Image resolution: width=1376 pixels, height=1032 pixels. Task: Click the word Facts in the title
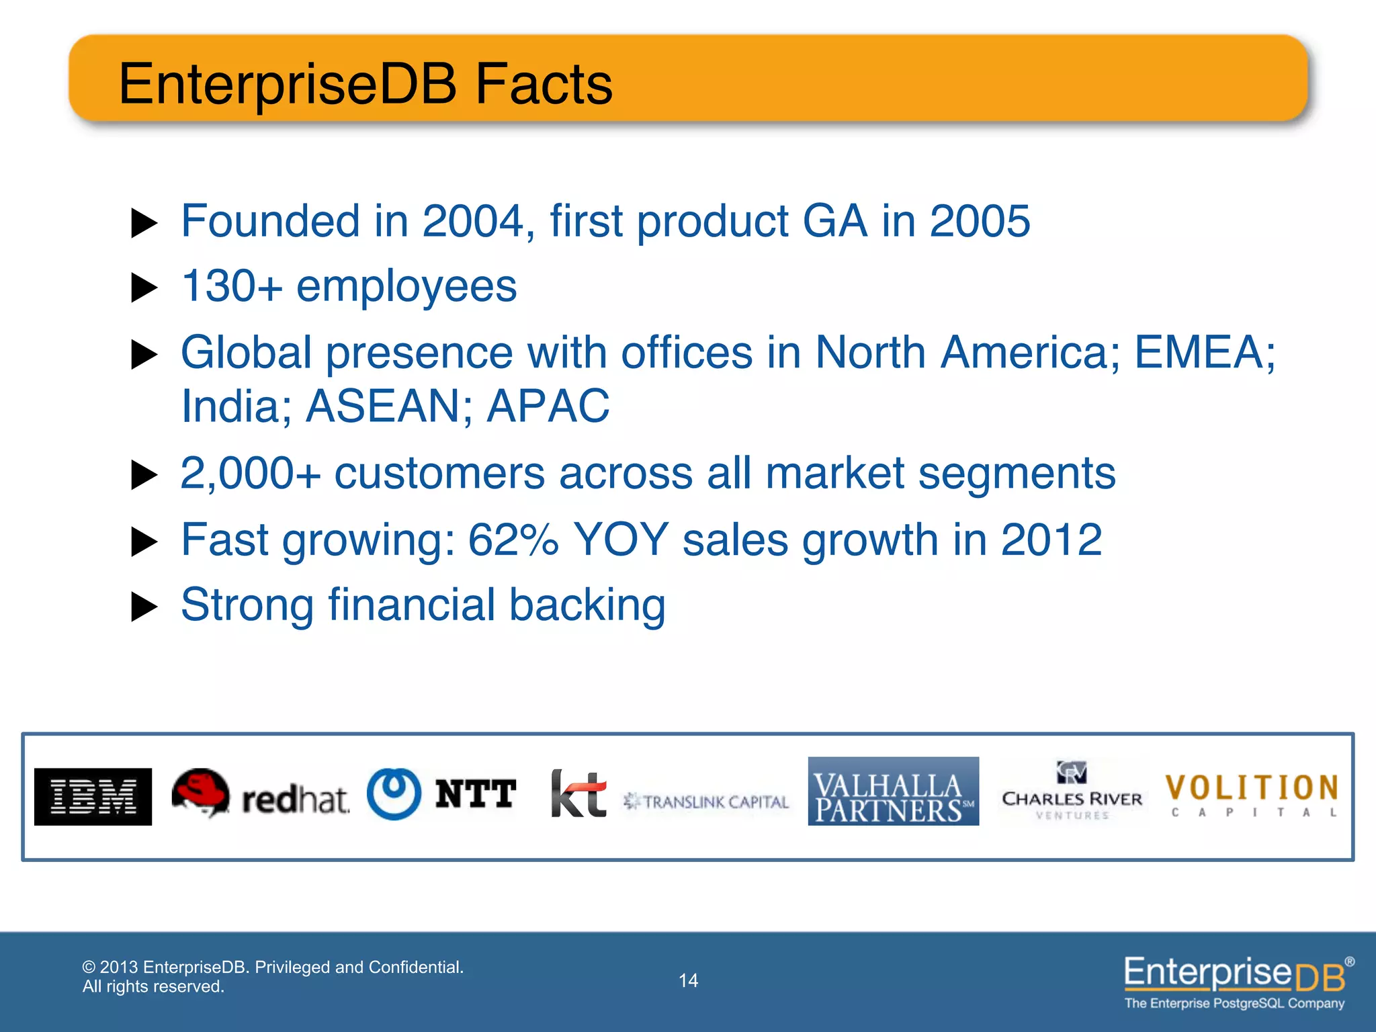(x=544, y=84)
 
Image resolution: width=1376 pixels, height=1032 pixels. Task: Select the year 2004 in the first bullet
(x=472, y=221)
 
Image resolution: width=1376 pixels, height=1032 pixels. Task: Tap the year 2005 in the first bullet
(x=979, y=221)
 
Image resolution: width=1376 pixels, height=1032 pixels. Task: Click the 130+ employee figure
(x=231, y=287)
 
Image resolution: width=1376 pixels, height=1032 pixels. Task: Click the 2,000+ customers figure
(x=250, y=474)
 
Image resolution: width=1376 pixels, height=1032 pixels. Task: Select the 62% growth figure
(x=513, y=540)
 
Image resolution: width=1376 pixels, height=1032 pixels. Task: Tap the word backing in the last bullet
(x=587, y=605)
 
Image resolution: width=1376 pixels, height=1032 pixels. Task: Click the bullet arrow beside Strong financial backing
(x=143, y=607)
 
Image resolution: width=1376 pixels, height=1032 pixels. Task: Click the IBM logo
(x=93, y=797)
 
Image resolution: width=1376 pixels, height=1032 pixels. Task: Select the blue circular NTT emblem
(x=394, y=793)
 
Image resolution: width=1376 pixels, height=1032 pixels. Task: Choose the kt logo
(x=578, y=794)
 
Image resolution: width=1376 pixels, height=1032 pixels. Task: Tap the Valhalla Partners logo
(x=893, y=791)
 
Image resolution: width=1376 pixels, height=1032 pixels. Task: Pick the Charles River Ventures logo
(x=1072, y=791)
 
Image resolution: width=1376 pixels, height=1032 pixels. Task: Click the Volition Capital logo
(x=1252, y=794)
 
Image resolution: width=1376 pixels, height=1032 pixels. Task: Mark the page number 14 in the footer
(x=688, y=981)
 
